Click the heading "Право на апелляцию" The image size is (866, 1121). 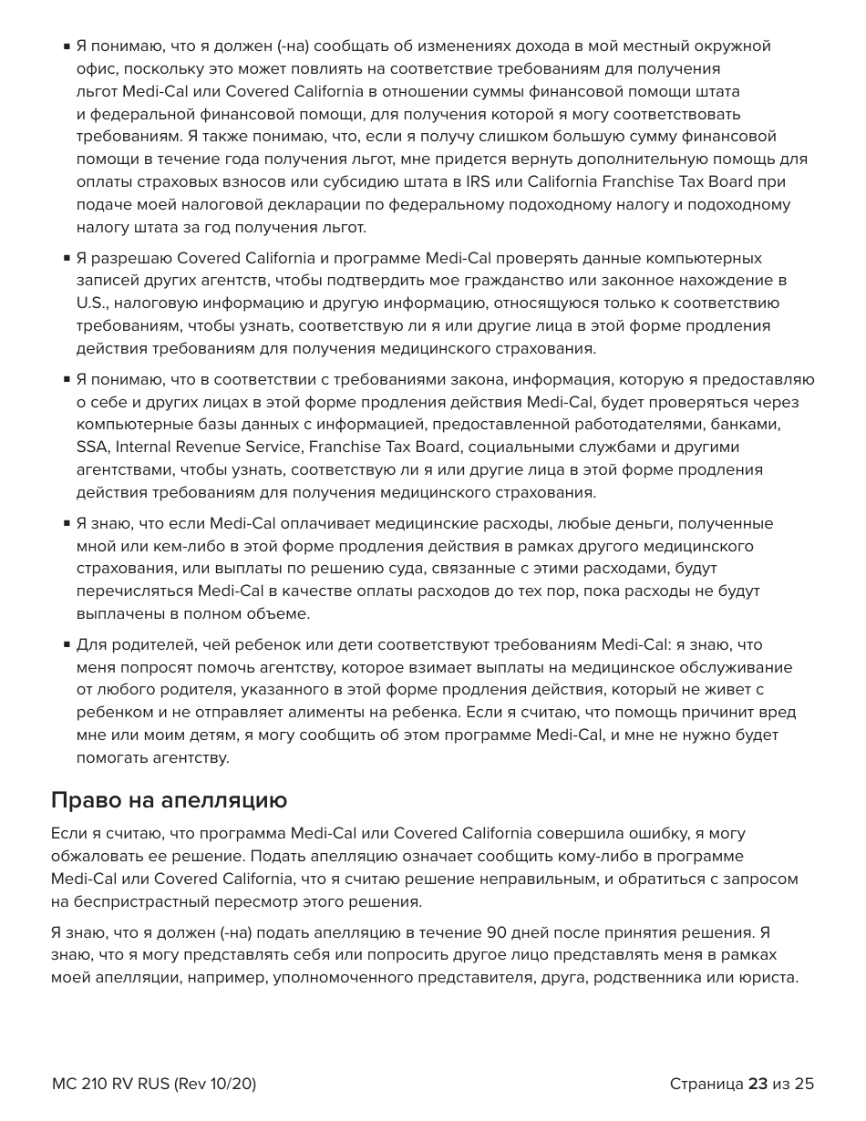(x=169, y=800)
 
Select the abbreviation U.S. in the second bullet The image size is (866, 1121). (x=91, y=303)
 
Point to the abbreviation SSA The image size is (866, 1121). (x=92, y=447)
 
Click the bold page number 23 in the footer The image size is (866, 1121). (x=758, y=1084)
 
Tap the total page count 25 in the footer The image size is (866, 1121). (x=803, y=1084)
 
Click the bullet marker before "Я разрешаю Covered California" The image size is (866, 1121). (x=67, y=259)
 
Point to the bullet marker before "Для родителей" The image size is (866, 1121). (x=67, y=645)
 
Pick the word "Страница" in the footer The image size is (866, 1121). (x=706, y=1084)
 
